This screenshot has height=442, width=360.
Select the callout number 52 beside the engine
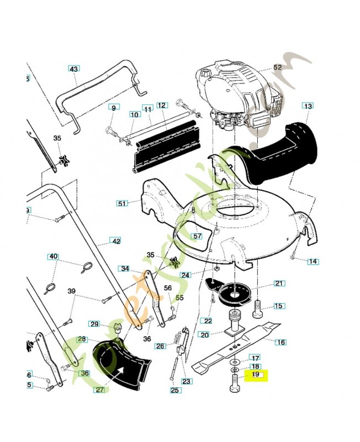click(x=277, y=67)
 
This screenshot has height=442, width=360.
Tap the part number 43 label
click(x=74, y=69)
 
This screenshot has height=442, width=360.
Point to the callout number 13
click(x=308, y=106)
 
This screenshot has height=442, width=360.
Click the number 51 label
click(x=122, y=203)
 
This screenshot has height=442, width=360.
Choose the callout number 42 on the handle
click(x=115, y=241)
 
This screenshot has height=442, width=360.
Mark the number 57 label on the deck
click(x=197, y=236)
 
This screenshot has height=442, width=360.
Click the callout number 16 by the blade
click(x=280, y=342)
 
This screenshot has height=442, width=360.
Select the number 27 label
click(x=100, y=390)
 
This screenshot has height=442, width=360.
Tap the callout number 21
click(x=279, y=284)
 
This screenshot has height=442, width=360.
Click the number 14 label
click(x=313, y=261)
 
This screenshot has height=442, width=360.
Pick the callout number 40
click(x=53, y=256)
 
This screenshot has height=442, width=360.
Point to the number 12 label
click(x=161, y=105)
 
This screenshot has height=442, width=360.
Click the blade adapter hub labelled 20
click(x=234, y=323)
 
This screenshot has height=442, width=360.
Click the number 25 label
click(x=175, y=391)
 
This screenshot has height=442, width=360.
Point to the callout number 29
click(x=94, y=324)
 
